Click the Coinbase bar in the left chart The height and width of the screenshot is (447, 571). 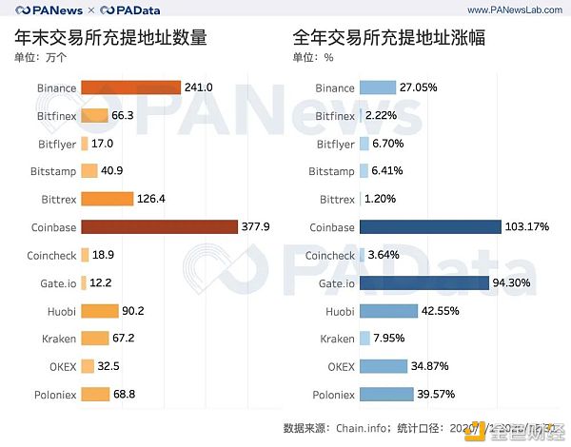tap(159, 227)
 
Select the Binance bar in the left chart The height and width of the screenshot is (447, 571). tap(130, 87)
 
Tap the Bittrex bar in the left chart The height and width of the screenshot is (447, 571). tap(107, 199)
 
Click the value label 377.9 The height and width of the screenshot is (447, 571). tap(258, 227)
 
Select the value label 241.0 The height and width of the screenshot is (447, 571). tap(200, 87)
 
